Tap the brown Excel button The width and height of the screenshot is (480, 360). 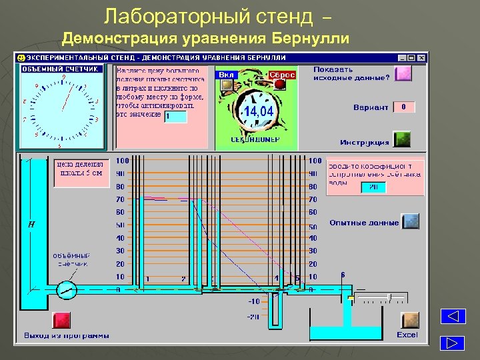(x=407, y=320)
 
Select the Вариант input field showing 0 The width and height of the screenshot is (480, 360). (x=404, y=107)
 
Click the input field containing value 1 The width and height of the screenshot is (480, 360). (x=175, y=117)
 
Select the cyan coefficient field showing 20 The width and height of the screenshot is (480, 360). (x=373, y=187)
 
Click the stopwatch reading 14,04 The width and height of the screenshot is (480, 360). (x=257, y=111)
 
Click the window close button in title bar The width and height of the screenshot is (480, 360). (x=420, y=58)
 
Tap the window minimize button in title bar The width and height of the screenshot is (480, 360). (x=402, y=58)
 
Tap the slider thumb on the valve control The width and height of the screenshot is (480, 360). (x=389, y=297)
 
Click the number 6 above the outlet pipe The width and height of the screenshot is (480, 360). (x=343, y=275)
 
